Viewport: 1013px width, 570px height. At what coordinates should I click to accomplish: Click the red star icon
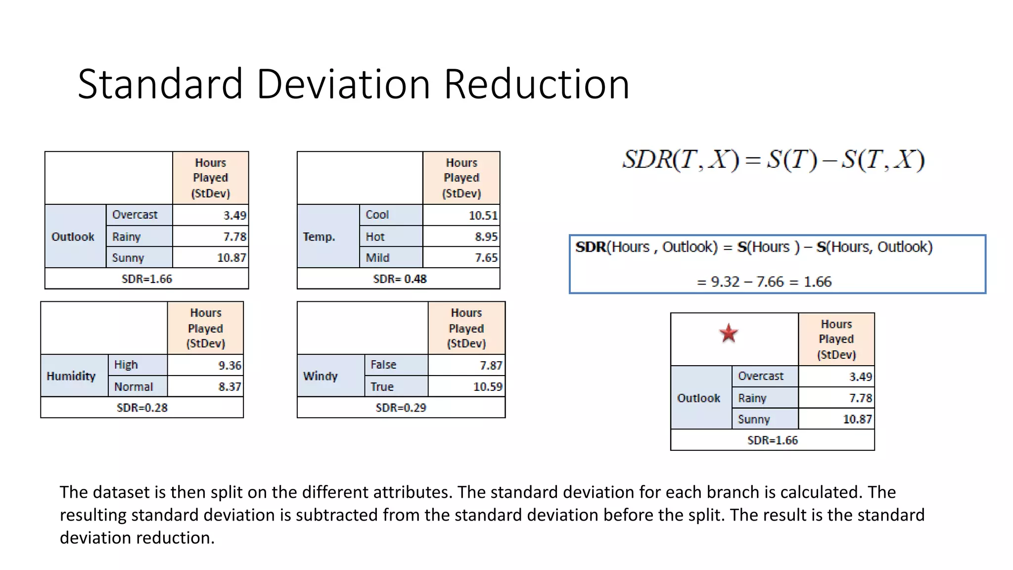tap(729, 333)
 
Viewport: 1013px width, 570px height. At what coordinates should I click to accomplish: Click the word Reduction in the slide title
tap(537, 84)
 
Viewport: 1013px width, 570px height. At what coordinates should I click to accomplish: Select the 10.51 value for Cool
tap(483, 216)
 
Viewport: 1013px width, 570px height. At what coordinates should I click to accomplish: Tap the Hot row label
tap(375, 237)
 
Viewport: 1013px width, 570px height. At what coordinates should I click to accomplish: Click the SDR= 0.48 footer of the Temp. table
tap(400, 279)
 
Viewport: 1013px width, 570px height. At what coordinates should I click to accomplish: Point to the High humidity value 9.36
tap(230, 366)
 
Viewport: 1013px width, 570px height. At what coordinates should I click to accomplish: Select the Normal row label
tap(134, 387)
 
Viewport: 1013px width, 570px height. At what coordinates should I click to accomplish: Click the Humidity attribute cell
tap(71, 376)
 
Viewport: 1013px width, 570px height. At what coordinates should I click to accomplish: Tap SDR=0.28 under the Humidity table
tap(142, 408)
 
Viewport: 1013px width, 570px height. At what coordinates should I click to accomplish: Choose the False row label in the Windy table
tap(383, 365)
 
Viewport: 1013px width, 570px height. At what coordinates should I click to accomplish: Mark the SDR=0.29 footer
tap(401, 408)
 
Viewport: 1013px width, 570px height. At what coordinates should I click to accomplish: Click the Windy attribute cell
tap(321, 376)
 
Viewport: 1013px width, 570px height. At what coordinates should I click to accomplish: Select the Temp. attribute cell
tap(319, 237)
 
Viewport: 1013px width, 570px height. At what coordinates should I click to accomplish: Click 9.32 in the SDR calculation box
tap(725, 282)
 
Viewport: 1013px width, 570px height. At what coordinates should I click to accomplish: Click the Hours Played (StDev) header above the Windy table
tap(466, 328)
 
